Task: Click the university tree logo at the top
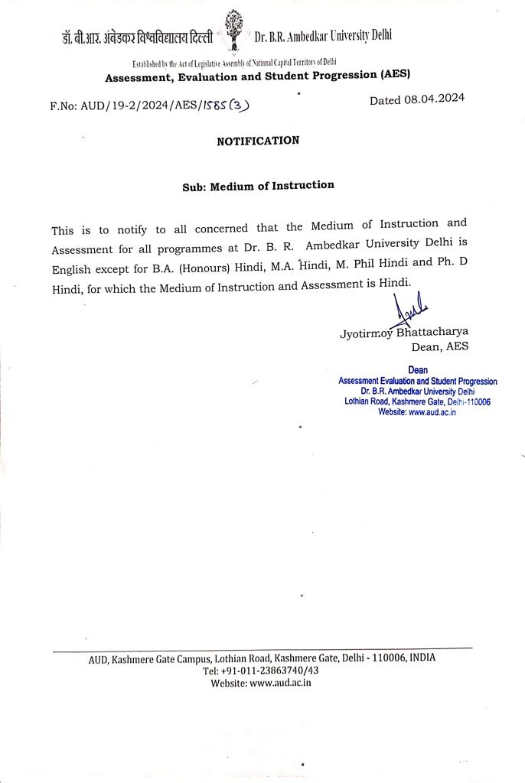[x=234, y=30]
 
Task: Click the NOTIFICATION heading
[x=258, y=141]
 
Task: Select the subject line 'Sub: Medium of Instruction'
[x=258, y=186]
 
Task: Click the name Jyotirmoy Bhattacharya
[x=404, y=333]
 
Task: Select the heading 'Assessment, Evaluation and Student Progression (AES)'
[x=258, y=76]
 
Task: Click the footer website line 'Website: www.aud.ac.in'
[x=261, y=683]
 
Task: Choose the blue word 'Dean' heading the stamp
[x=418, y=371]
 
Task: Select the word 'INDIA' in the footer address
[x=422, y=658]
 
